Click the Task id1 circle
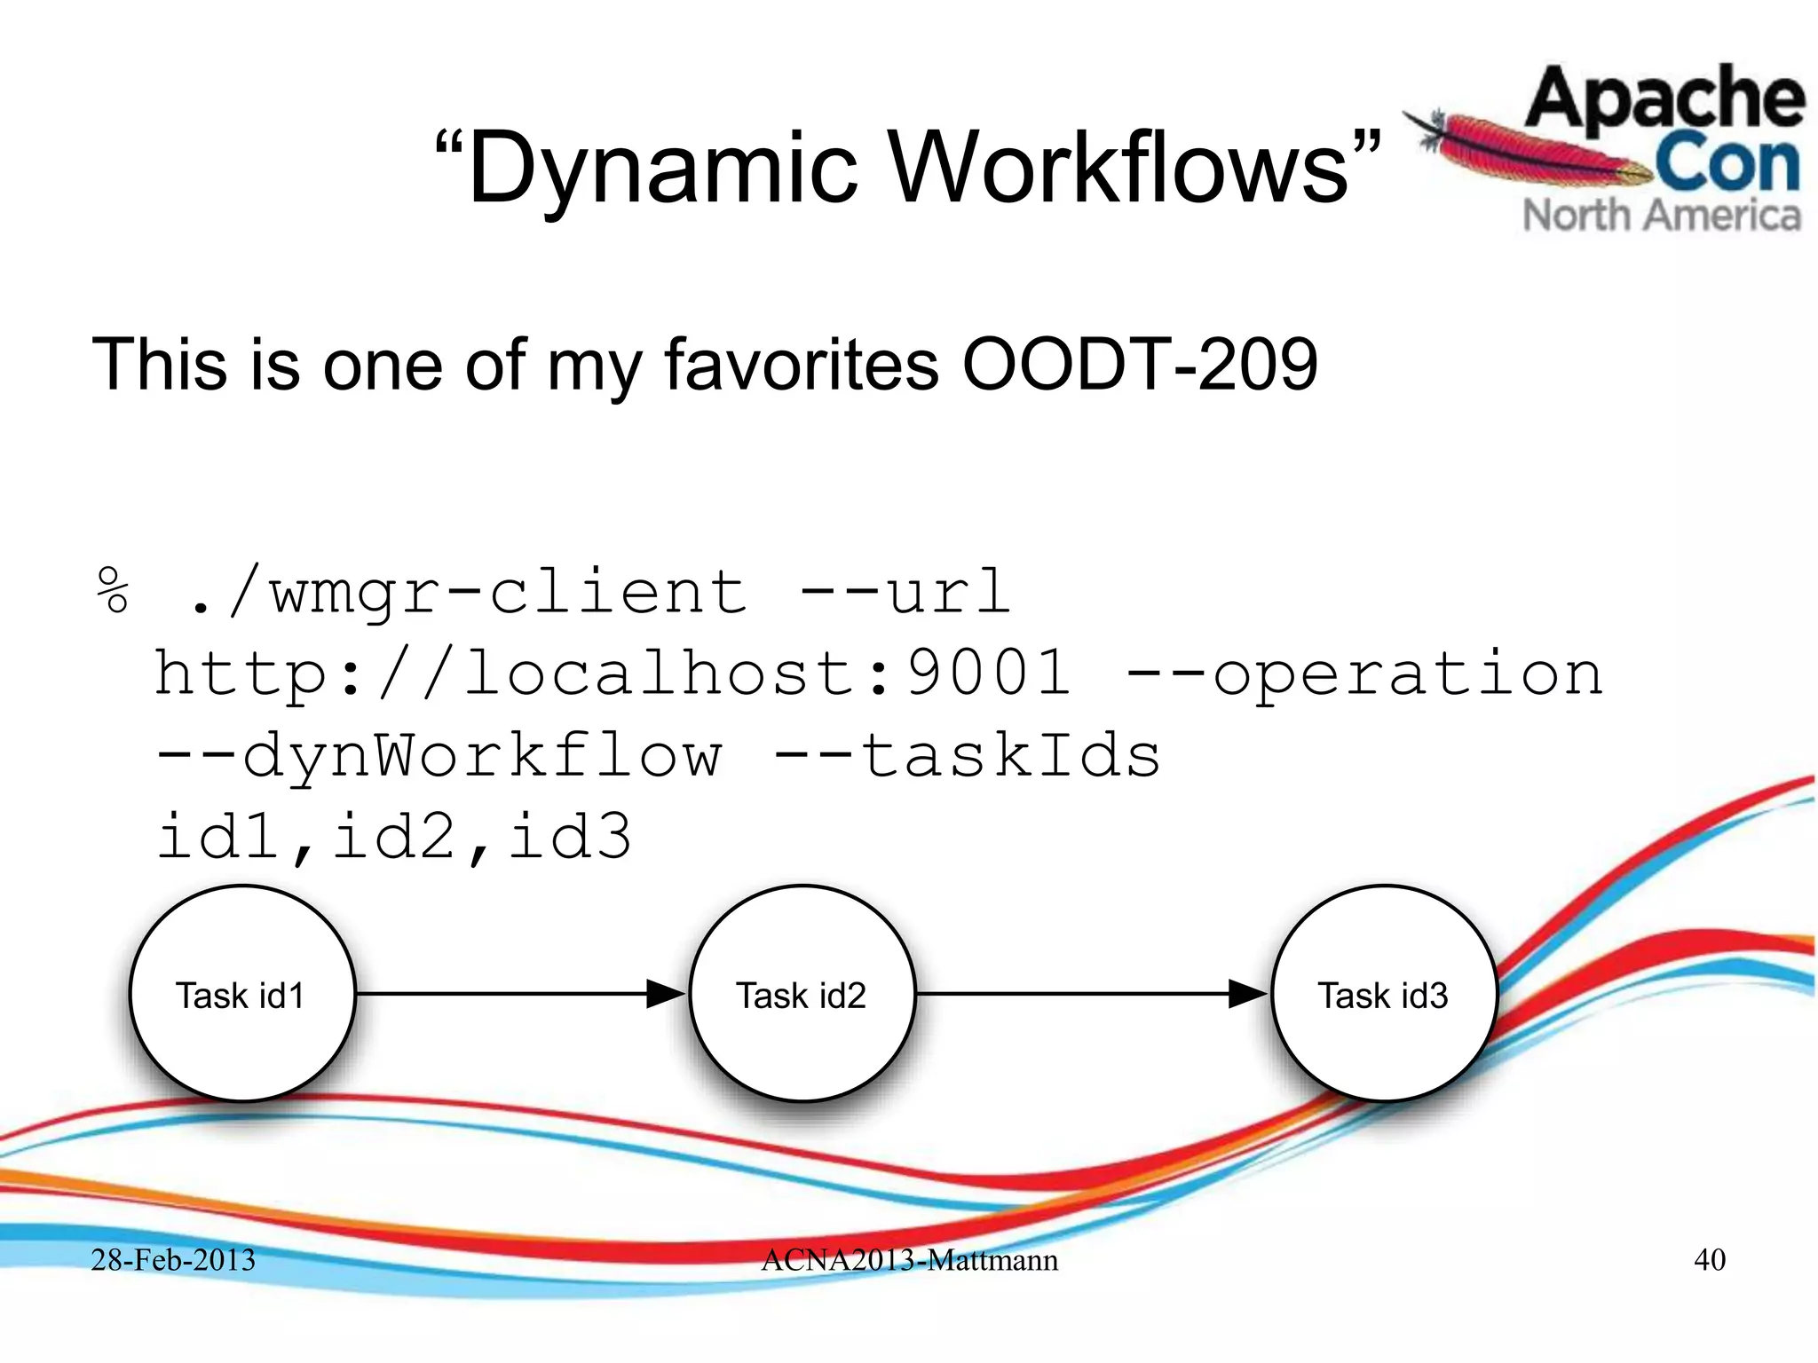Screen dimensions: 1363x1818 [x=241, y=994]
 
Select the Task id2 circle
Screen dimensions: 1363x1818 [x=802, y=994]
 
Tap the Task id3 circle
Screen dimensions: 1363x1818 [x=1383, y=994]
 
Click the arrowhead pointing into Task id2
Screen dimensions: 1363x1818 [x=666, y=994]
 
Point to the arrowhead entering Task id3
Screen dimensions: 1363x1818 [x=1247, y=994]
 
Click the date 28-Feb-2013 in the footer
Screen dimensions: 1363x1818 [x=173, y=1259]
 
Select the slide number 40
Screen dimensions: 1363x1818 [x=1710, y=1259]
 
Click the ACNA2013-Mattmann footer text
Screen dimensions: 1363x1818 [x=909, y=1259]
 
